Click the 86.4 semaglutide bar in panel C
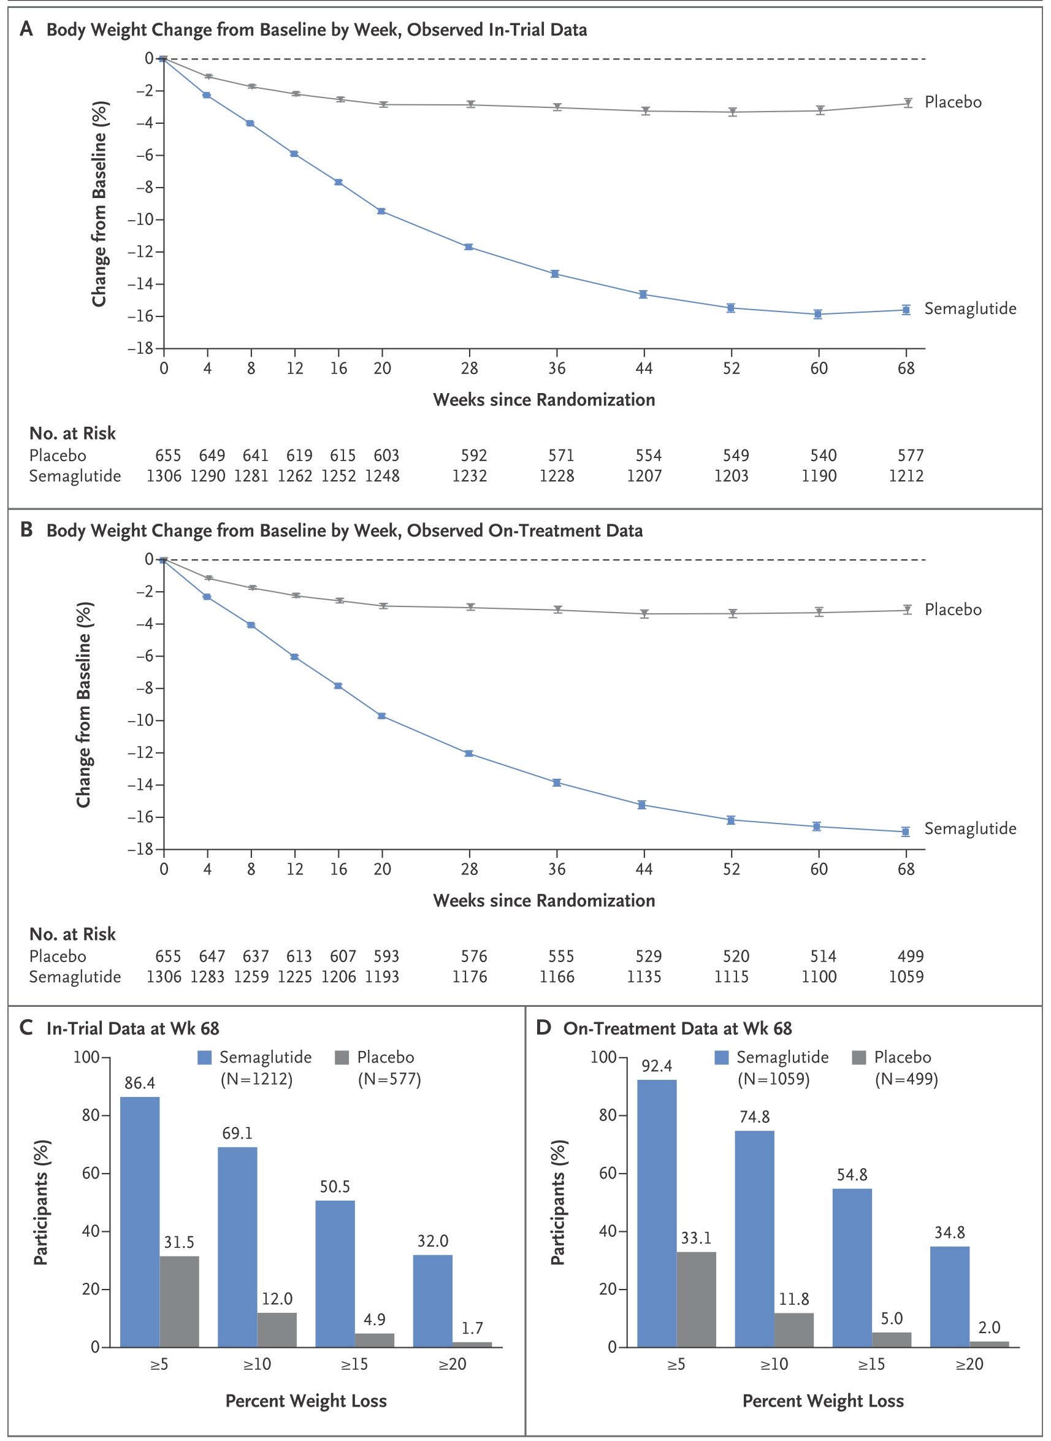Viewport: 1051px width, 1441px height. pyautogui.click(x=140, y=1221)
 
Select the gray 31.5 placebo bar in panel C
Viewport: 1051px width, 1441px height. pyautogui.click(x=180, y=1301)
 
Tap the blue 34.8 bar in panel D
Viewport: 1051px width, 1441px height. pyautogui.click(x=950, y=1296)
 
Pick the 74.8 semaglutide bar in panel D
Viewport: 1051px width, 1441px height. pyautogui.click(x=755, y=1239)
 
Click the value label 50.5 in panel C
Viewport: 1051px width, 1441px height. pyautogui.click(x=335, y=1187)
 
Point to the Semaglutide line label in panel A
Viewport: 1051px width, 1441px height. pyautogui.click(x=970, y=308)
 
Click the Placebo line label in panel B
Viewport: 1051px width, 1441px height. pyautogui.click(x=953, y=610)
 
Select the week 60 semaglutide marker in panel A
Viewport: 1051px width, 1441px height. pyautogui.click(x=818, y=315)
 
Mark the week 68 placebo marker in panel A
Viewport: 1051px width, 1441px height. pyautogui.click(x=908, y=102)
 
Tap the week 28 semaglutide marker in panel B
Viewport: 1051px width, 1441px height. pyautogui.click(x=469, y=754)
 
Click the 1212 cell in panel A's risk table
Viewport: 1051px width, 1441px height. pyautogui.click(x=906, y=476)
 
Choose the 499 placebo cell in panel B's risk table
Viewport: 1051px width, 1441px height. pyautogui.click(x=911, y=956)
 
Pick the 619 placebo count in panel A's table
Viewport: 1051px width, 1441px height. pyautogui.click(x=299, y=456)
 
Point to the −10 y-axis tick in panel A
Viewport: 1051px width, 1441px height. pyautogui.click(x=140, y=220)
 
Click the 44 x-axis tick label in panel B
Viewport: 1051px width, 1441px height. pyautogui.click(x=644, y=869)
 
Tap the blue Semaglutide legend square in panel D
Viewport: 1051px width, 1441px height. pyautogui.click(x=722, y=1058)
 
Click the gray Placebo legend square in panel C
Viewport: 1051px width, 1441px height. pyautogui.click(x=342, y=1058)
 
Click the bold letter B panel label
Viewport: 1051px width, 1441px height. pyautogui.click(x=27, y=530)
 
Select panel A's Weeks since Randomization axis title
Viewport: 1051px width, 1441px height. pyautogui.click(x=544, y=400)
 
